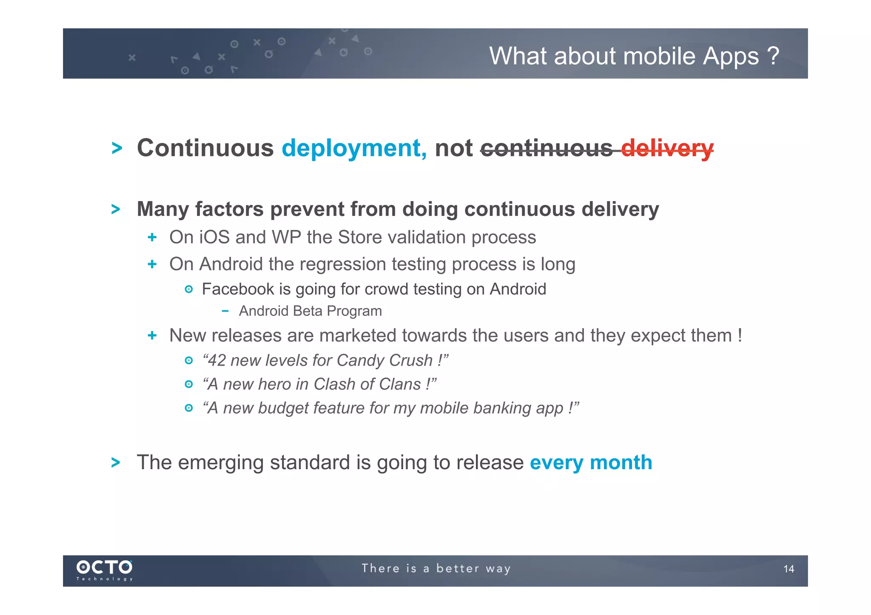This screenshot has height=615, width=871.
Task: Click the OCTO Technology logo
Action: pyautogui.click(x=104, y=570)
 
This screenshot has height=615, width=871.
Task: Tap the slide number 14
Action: pyautogui.click(x=788, y=569)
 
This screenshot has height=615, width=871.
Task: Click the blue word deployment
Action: pyautogui.click(x=354, y=148)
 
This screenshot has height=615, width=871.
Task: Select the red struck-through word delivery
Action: pyautogui.click(x=667, y=148)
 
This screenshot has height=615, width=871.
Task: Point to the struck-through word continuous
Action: pyautogui.click(x=547, y=148)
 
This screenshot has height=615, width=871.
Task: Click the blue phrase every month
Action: pyautogui.click(x=591, y=462)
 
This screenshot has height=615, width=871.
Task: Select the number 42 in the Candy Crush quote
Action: pyautogui.click(x=217, y=360)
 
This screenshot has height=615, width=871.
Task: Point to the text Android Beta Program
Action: pyautogui.click(x=310, y=311)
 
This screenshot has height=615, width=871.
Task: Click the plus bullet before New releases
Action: pyautogui.click(x=152, y=336)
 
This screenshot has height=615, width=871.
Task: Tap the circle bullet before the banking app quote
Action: pyautogui.click(x=189, y=408)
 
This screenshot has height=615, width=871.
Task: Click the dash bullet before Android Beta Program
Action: pyautogui.click(x=225, y=311)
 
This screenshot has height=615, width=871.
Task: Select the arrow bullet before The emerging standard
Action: pyautogui.click(x=116, y=462)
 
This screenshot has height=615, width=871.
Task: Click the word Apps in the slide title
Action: pyautogui.click(x=730, y=57)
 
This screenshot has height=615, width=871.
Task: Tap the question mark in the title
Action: pyautogui.click(x=773, y=56)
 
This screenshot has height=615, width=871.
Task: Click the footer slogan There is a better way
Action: pyautogui.click(x=436, y=569)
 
